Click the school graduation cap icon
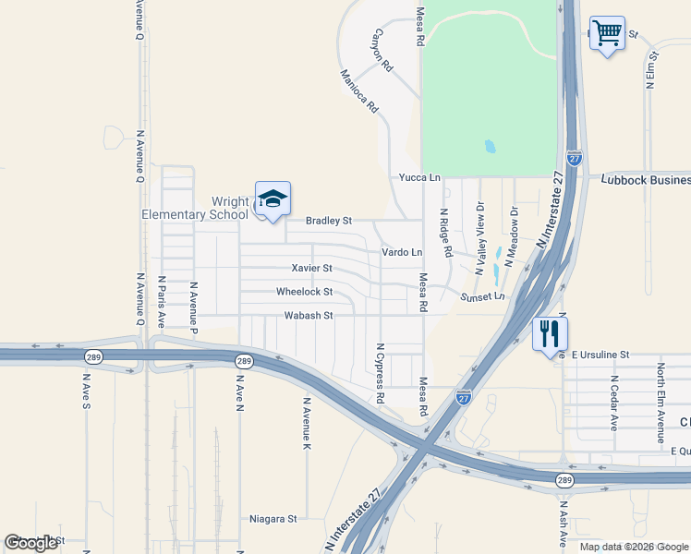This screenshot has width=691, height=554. tap(273, 199)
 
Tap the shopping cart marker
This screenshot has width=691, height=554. tap(607, 33)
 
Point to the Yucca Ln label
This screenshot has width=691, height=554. tap(419, 176)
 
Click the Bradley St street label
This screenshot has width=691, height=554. tap(329, 222)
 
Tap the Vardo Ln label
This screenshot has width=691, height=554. tap(402, 252)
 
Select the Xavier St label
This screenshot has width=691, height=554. tap(311, 268)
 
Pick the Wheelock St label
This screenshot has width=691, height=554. tap(304, 292)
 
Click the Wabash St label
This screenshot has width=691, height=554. tap(308, 316)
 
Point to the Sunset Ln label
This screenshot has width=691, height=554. tap(484, 296)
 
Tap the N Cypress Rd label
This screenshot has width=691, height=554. tap(380, 373)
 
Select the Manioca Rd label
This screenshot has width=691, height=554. tap(359, 91)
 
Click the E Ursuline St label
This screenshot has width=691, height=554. tap(600, 355)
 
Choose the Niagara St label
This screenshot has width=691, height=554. tap(273, 519)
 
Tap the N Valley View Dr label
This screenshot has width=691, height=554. tap(479, 239)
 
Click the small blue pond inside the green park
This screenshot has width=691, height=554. tap(490, 146)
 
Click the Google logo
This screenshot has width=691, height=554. tap(31, 543)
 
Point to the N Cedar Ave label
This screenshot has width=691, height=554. tap(613, 403)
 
